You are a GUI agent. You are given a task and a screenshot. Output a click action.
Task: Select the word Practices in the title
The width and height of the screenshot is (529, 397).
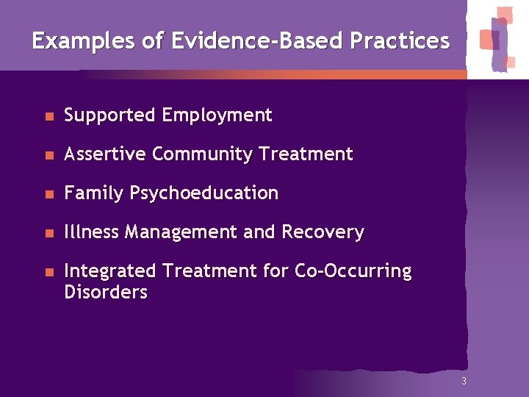tap(400, 40)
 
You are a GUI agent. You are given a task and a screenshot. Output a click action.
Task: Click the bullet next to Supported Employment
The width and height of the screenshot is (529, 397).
tap(48, 116)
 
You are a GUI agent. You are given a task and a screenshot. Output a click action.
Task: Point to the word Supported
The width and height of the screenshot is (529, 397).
tap(110, 115)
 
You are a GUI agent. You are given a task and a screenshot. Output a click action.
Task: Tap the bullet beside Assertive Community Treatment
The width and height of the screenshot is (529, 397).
tap(48, 155)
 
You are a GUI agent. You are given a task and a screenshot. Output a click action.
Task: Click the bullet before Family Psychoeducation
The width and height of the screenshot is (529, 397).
tap(48, 194)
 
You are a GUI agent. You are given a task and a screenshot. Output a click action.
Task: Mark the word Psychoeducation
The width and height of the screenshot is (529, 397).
tap(204, 193)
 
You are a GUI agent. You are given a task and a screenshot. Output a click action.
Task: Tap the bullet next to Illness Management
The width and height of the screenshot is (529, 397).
tap(48, 233)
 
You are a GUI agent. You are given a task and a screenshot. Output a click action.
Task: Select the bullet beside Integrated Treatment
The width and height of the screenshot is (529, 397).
tap(48, 272)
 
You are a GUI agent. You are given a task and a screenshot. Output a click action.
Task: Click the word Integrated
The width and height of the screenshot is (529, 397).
tap(111, 271)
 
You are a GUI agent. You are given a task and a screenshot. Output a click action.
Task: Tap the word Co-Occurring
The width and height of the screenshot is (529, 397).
tap(353, 271)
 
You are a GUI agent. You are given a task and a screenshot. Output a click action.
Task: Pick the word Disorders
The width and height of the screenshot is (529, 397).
tap(106, 292)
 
